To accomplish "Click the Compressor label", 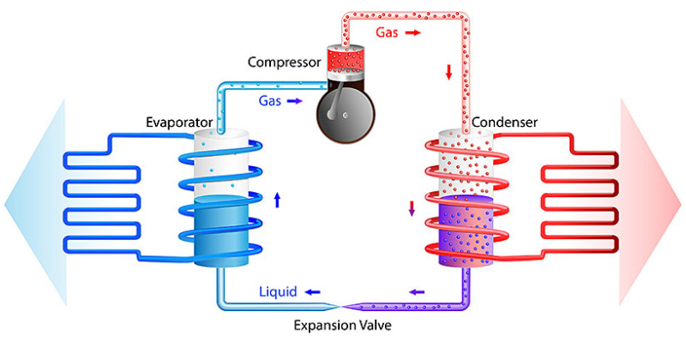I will [284, 62].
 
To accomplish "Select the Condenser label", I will [508, 123].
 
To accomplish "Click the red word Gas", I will [387, 32].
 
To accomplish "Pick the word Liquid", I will [278, 292].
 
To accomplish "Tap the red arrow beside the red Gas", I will [413, 33].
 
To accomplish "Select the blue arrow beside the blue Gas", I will [295, 101].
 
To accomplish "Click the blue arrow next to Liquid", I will [316, 292].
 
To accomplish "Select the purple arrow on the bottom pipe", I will [418, 292].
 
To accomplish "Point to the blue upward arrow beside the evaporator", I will [277, 201].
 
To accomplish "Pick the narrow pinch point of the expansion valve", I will [340, 306].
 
